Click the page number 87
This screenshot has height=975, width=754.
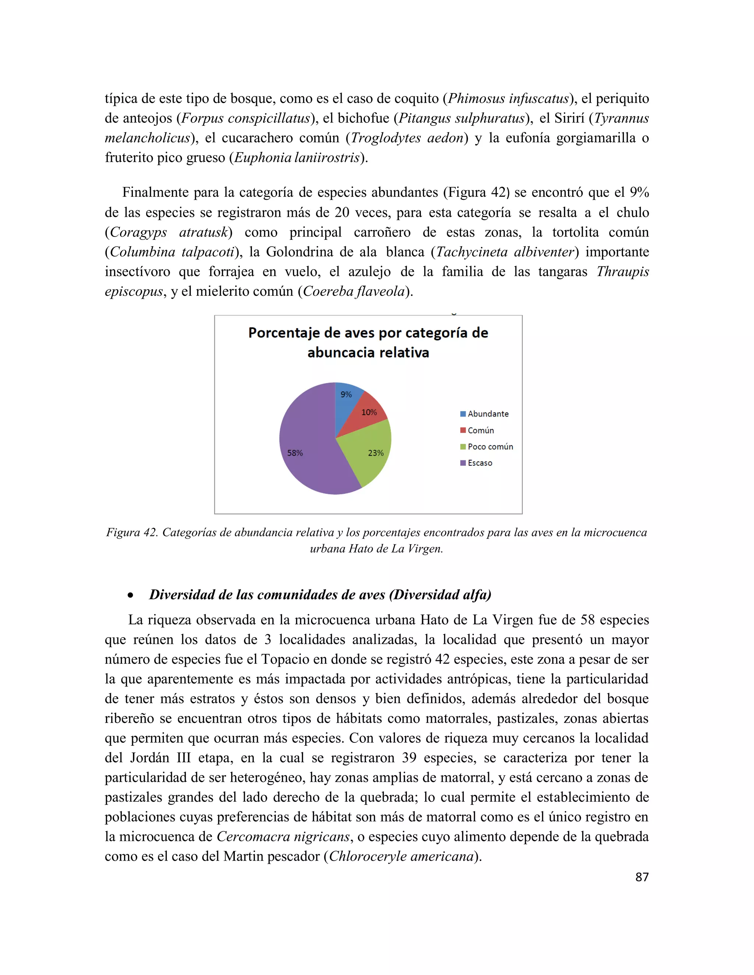(641, 877)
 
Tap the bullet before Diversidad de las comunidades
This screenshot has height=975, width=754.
(130, 595)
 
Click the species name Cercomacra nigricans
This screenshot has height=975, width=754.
(283, 836)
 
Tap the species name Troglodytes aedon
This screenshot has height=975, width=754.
(406, 138)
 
